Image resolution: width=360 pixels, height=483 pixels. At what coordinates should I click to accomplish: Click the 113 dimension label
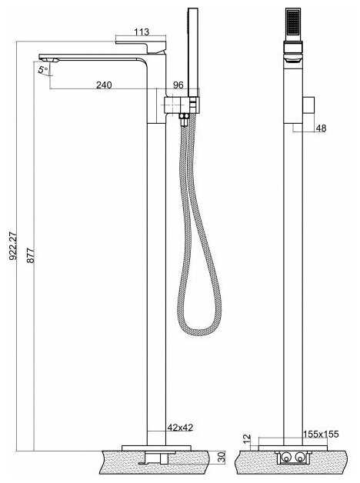tap(142, 32)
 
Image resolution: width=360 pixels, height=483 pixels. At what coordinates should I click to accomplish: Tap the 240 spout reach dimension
tap(104, 85)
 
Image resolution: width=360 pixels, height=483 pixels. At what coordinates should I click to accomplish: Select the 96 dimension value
tap(178, 85)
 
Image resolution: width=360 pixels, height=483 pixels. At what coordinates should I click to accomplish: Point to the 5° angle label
tap(43, 70)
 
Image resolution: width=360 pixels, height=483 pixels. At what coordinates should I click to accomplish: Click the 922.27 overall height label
tap(13, 246)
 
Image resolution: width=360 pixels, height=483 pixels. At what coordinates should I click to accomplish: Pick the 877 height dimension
tap(31, 255)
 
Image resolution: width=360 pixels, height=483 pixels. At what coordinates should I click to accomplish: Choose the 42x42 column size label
tap(181, 428)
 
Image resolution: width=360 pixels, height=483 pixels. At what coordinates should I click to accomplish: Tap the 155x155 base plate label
tap(321, 434)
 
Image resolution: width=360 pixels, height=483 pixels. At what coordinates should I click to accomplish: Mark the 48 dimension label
tap(321, 128)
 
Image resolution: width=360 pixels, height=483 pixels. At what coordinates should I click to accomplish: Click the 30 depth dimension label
tap(222, 457)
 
